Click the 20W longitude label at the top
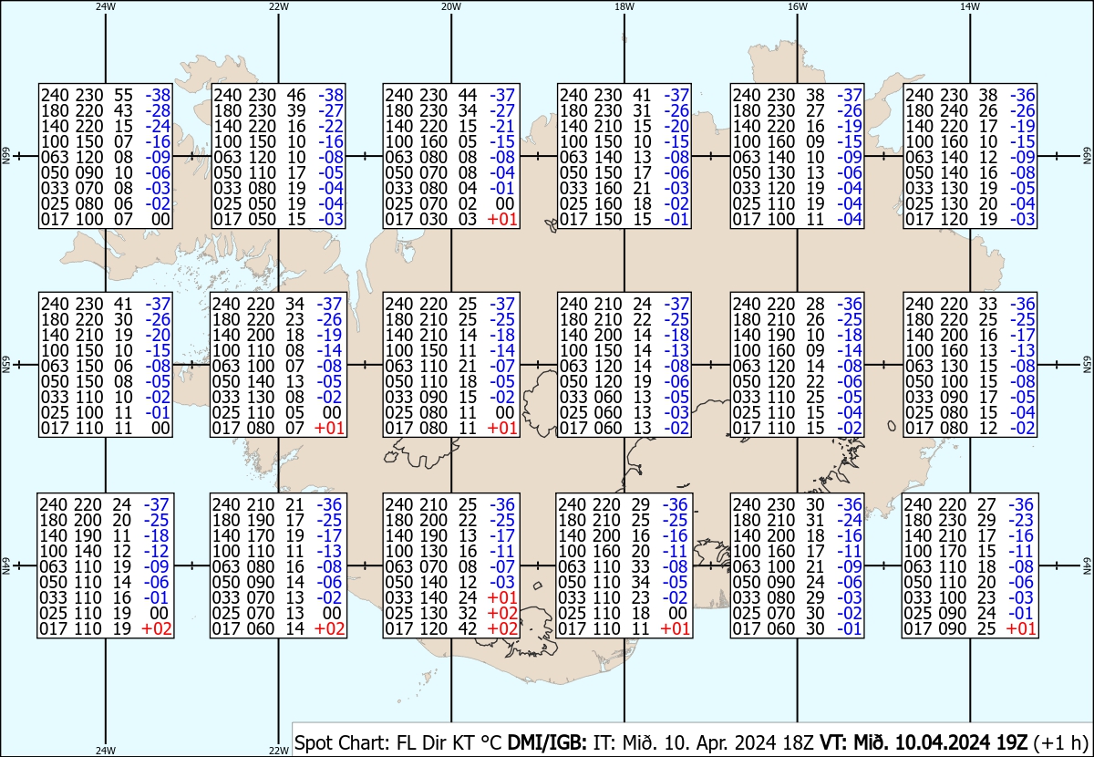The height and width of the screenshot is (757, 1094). (450, 6)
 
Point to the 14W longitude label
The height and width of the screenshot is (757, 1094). (969, 6)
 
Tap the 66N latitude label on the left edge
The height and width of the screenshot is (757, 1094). (5, 156)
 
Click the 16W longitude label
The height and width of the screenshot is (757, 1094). (797, 6)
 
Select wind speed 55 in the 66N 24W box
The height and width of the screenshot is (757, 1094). (123, 95)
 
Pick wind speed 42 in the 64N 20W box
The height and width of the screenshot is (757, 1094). (467, 628)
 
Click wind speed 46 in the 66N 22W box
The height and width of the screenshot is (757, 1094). (296, 95)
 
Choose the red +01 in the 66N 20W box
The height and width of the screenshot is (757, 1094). (502, 219)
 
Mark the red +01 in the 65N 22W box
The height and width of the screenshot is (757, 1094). (329, 428)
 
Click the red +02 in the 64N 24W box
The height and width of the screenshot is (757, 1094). (156, 628)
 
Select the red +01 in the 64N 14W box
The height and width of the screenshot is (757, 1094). (1021, 628)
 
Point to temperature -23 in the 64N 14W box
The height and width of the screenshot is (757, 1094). (1021, 520)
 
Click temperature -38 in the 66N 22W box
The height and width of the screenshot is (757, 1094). (331, 95)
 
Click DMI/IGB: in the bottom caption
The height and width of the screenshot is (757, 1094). (547, 742)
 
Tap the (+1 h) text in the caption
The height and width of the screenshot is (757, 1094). (1061, 742)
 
